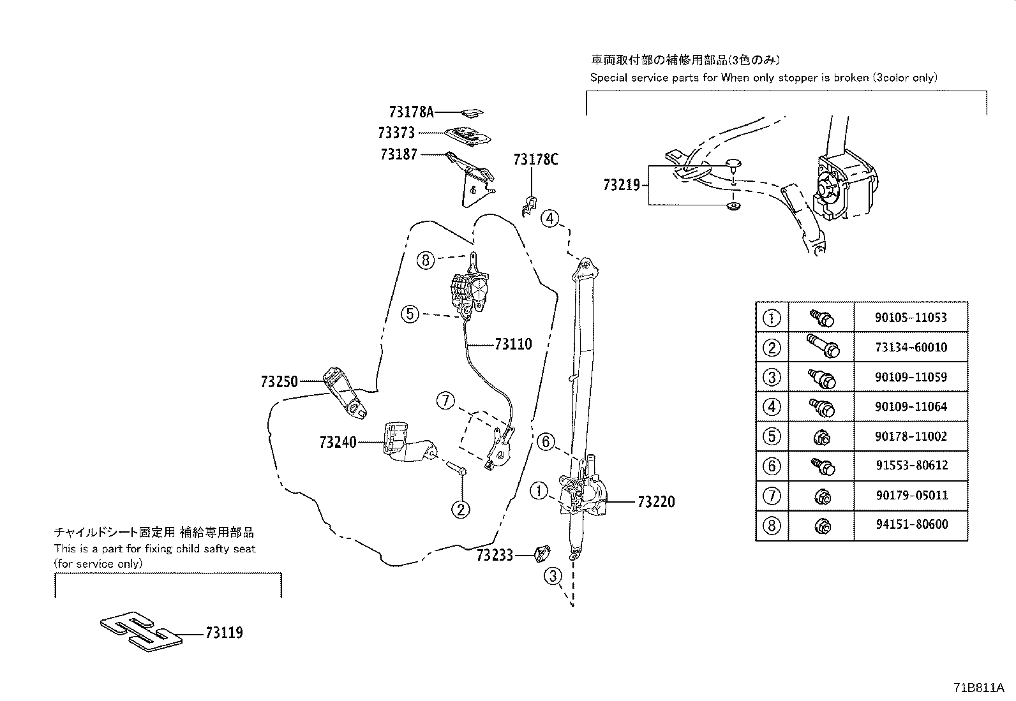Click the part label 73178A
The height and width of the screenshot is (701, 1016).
(x=411, y=112)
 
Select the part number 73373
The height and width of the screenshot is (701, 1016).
(x=396, y=133)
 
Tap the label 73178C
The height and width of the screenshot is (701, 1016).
(x=535, y=159)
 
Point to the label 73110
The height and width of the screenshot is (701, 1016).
(x=513, y=344)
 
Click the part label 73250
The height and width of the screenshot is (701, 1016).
(x=279, y=381)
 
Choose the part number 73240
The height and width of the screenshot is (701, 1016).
(x=338, y=442)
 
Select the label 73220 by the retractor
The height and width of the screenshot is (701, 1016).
(x=655, y=503)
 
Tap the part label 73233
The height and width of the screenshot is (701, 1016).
(x=494, y=556)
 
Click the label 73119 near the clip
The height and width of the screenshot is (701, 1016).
(x=224, y=633)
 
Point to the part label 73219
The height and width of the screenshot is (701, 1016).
(x=621, y=185)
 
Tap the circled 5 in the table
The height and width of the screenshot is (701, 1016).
(x=772, y=436)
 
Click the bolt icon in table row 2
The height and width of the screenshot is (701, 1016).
(x=823, y=347)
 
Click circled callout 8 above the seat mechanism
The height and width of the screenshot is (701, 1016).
(x=426, y=260)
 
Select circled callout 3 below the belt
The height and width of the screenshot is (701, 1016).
(x=553, y=577)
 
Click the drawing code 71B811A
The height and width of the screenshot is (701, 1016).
(x=978, y=688)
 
